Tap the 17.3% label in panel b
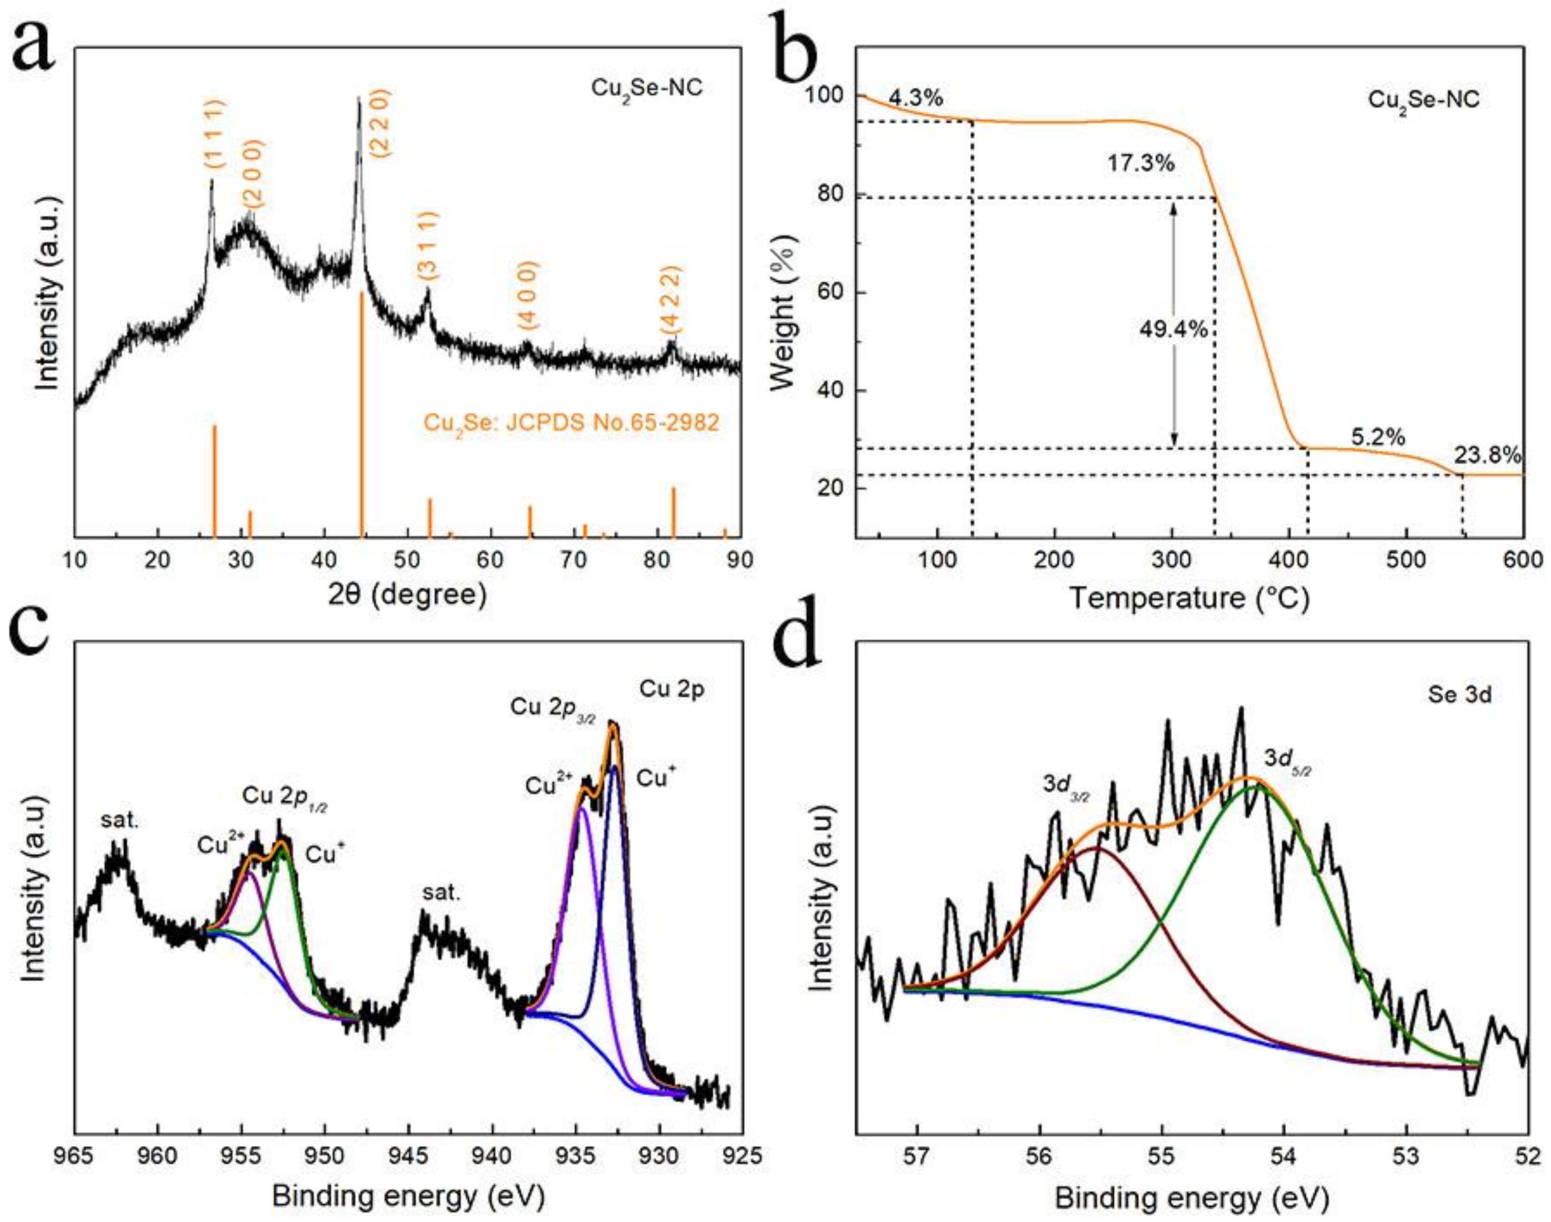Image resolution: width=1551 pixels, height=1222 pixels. tap(1141, 163)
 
